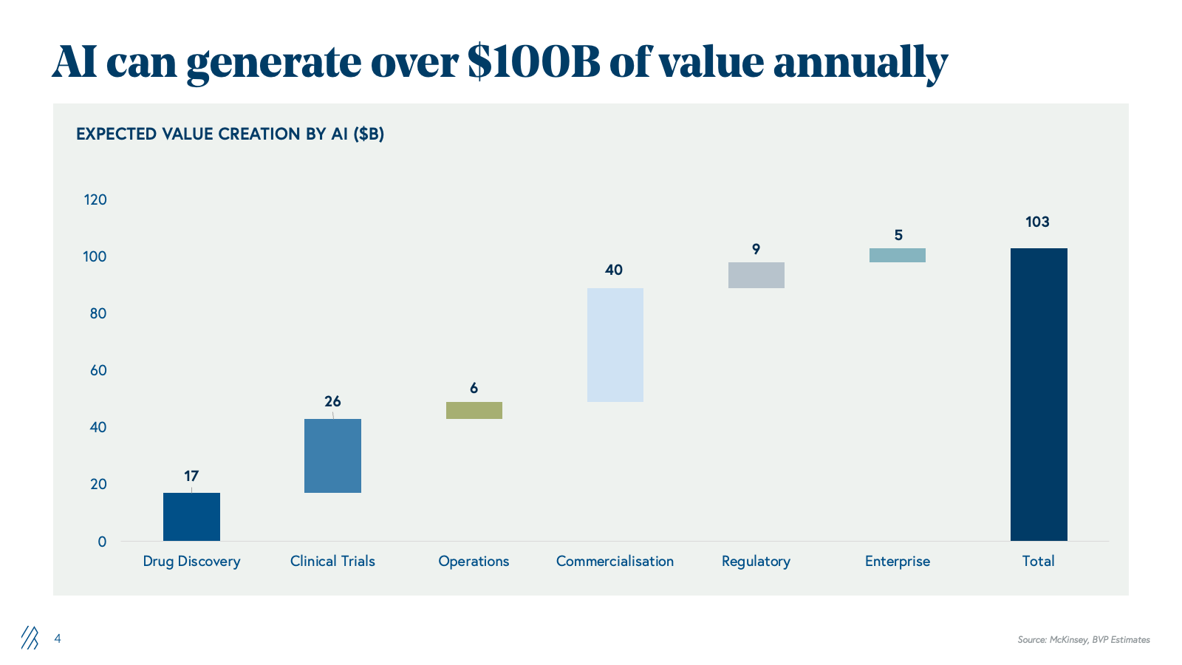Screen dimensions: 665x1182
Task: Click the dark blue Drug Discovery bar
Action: point(191,516)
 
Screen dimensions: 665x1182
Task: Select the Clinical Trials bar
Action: point(332,455)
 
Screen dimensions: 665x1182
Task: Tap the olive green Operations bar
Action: point(474,410)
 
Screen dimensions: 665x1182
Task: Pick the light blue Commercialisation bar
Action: point(615,344)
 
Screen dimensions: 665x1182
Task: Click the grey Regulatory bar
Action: point(756,275)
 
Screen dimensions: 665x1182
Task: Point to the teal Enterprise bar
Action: point(897,255)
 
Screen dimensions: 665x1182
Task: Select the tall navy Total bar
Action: point(1038,394)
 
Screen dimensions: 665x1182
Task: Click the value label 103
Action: point(1037,222)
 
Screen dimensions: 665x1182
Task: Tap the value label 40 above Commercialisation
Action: point(614,270)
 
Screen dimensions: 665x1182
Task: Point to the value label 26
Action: point(332,401)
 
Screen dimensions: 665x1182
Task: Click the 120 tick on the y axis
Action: point(95,199)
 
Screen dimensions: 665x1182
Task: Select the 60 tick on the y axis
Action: point(98,370)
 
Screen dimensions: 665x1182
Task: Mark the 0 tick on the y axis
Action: point(102,542)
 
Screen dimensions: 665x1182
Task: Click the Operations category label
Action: point(474,561)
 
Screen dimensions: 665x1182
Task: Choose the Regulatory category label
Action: point(756,561)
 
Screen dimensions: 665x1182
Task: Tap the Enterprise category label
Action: point(897,561)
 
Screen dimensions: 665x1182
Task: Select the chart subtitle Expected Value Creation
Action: point(230,134)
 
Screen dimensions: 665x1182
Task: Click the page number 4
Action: point(58,638)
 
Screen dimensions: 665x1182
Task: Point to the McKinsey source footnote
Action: point(1083,639)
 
